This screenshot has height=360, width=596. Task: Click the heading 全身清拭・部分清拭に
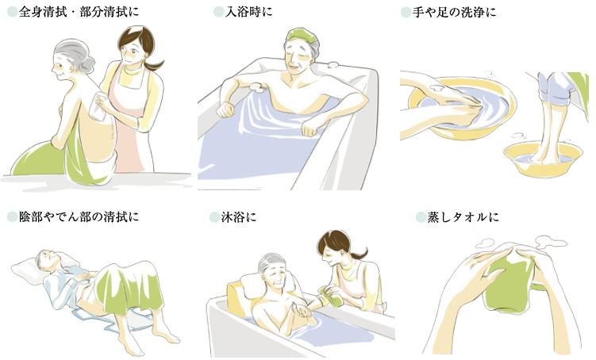click(79, 12)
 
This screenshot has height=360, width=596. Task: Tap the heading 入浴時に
click(249, 12)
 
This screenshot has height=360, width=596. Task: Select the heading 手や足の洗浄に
click(455, 12)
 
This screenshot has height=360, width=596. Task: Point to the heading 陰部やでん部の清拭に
click(79, 216)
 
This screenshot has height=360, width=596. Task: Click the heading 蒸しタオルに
click(463, 217)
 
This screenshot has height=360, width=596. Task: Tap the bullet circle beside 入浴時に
click(218, 12)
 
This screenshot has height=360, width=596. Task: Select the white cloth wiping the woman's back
click(97, 105)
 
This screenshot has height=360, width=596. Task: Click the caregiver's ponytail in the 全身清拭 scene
click(154, 63)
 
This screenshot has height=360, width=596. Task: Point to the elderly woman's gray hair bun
click(87, 63)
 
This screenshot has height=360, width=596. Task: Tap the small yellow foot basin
click(543, 159)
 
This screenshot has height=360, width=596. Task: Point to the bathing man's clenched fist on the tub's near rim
click(310, 128)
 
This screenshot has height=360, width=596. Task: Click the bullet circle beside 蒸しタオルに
click(421, 217)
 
